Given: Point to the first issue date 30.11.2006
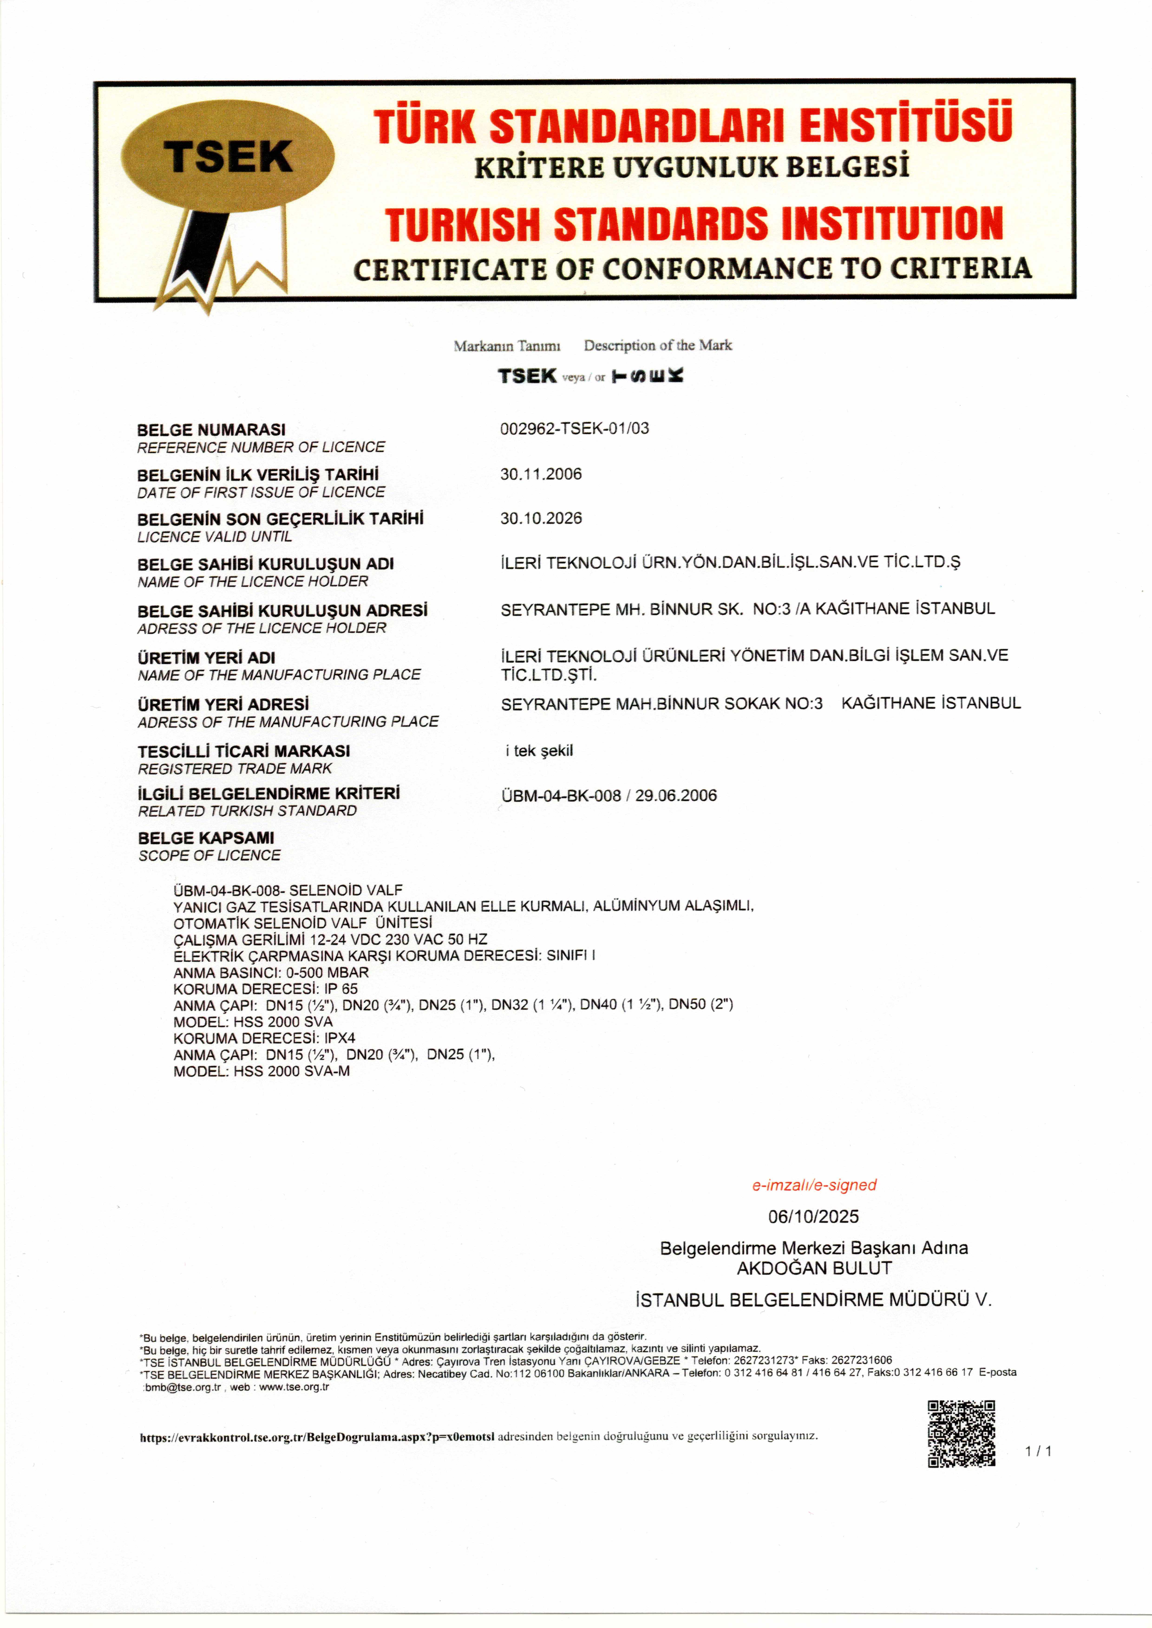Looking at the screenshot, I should pos(540,474).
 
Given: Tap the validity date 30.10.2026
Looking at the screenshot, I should pos(540,518).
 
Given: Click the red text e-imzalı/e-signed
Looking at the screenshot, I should pos(814,1185).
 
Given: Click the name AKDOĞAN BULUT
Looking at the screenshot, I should pos(814,1268).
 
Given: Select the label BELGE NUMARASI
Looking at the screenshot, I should pos(211,430).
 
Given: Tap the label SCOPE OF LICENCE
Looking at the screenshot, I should pos(209,856).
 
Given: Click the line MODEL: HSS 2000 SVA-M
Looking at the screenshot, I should pos(262,1071).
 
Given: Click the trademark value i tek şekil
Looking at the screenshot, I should pos(539,751).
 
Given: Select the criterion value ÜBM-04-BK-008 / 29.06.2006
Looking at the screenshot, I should pos(609,796).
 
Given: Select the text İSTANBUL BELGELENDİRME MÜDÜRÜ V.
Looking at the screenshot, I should pos(813,1300).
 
